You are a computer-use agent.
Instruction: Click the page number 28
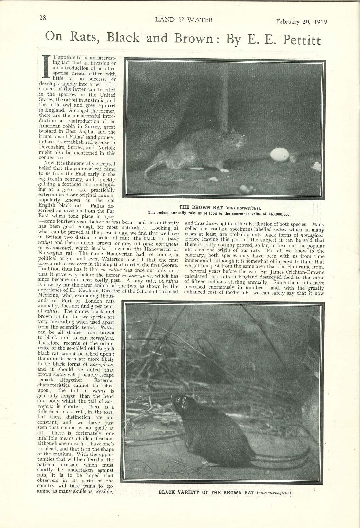(42, 18)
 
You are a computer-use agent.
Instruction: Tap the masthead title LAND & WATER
(184, 20)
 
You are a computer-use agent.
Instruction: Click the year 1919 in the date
(321, 22)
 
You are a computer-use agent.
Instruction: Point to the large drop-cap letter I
(46, 66)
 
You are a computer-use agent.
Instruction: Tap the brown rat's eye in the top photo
(232, 138)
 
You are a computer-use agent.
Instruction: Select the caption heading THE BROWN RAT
(201, 207)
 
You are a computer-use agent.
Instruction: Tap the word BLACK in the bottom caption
(167, 492)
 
